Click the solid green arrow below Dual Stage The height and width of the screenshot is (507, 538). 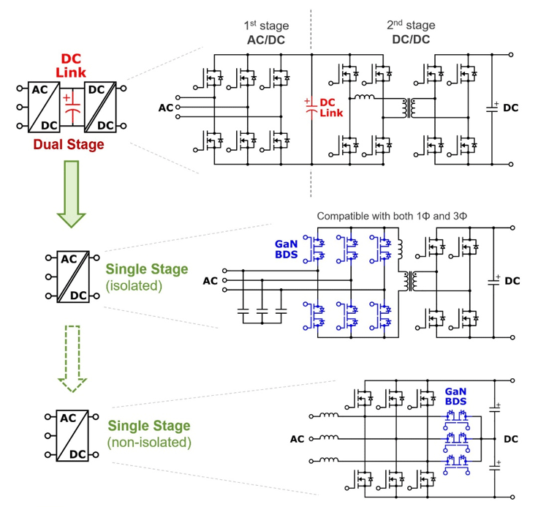coord(71,192)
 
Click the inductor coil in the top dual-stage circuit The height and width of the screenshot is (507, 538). coord(365,97)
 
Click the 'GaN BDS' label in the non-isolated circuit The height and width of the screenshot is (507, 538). coord(457,397)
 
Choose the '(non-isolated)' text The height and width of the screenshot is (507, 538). coord(149,442)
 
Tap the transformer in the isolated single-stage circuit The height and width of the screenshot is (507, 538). coord(403,279)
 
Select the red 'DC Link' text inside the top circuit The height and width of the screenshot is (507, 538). coord(331,108)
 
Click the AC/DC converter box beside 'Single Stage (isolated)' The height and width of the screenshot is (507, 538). coord(71,277)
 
